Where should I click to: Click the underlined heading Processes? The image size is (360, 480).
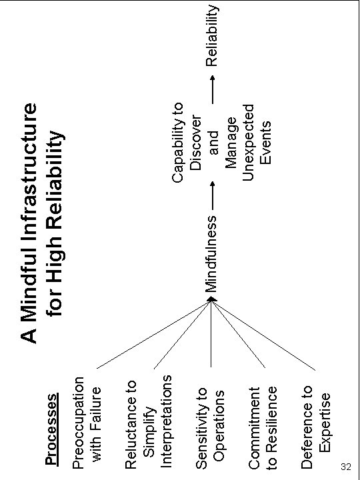pyautogui.click(x=51, y=429)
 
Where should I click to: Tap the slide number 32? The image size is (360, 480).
pyautogui.click(x=345, y=467)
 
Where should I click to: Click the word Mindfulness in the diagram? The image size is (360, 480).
pyautogui.click(x=211, y=254)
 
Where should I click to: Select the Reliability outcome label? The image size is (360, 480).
pyautogui.click(x=212, y=35)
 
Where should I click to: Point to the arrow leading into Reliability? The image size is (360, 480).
pyautogui.click(x=212, y=89)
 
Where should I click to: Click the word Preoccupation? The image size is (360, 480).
pyautogui.click(x=79, y=423)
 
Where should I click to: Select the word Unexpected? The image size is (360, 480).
pyautogui.click(x=249, y=143)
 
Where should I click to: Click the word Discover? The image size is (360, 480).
pyautogui.click(x=195, y=143)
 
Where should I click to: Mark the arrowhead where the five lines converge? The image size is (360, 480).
pyautogui.click(x=211, y=299)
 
